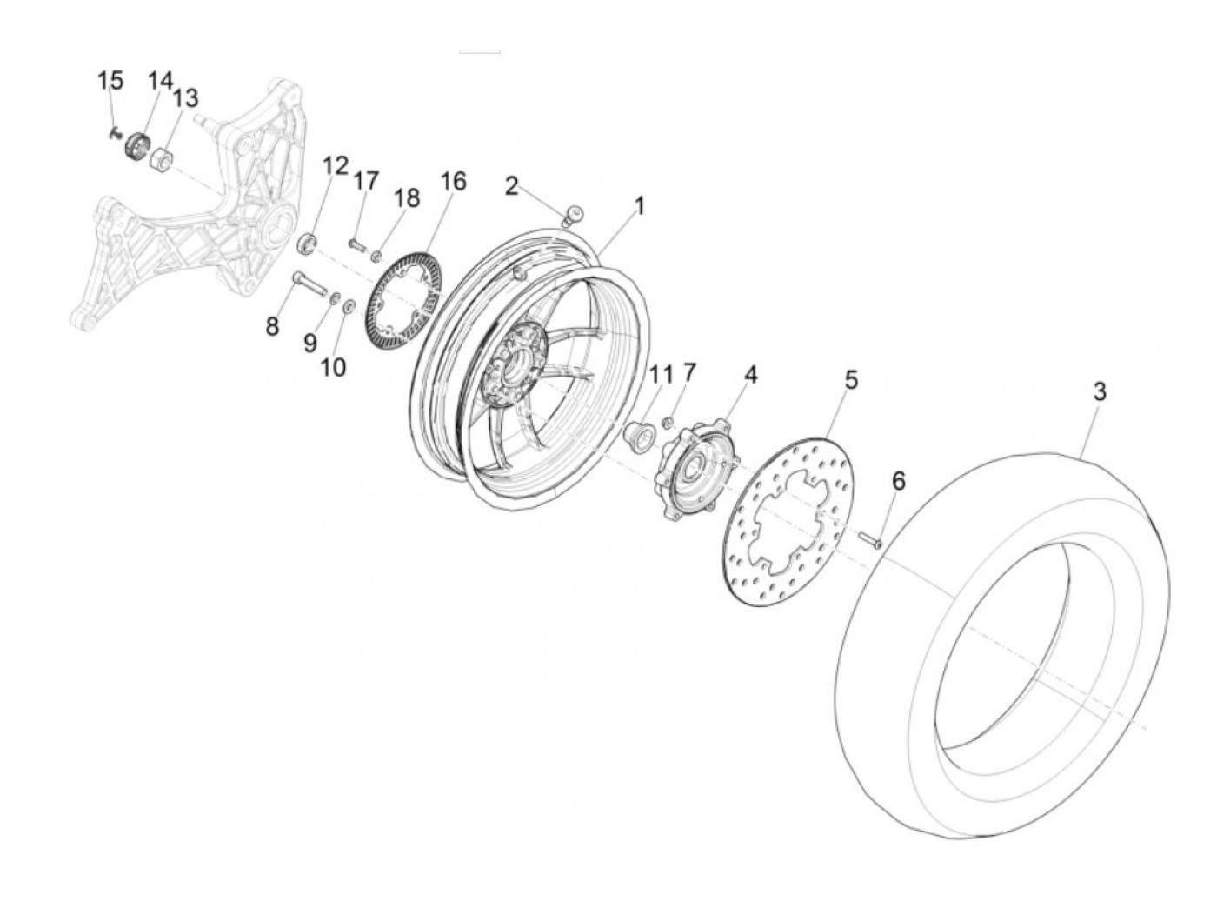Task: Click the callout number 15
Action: (110, 81)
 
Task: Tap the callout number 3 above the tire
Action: (1099, 392)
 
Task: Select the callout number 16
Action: (453, 181)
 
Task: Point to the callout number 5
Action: (851, 380)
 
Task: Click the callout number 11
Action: (661, 375)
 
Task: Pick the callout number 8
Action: (272, 327)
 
